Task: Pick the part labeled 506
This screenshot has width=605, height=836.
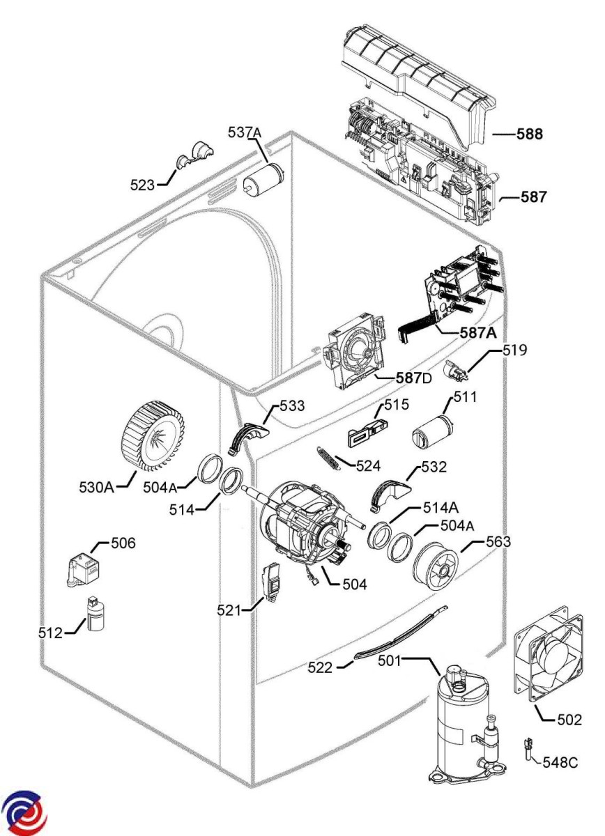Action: coord(84,568)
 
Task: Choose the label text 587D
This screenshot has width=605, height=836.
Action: coord(414,378)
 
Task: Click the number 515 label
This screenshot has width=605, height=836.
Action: coord(396,405)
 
